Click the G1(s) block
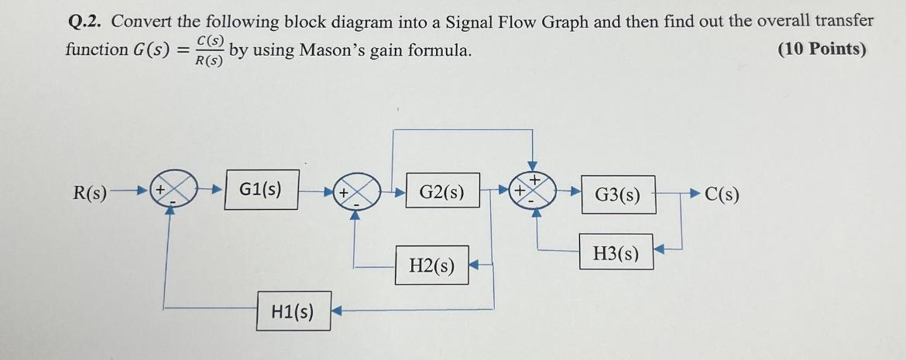[261, 190]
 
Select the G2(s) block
[441, 191]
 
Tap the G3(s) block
[617, 195]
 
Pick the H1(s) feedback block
[293, 311]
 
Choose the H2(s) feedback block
[432, 266]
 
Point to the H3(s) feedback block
[616, 252]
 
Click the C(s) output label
[722, 194]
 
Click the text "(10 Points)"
[822, 50]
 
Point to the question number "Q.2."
[83, 21]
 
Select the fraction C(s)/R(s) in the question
[210, 51]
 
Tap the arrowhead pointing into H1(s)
[337, 311]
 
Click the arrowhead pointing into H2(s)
[476, 265]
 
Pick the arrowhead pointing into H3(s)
[659, 249]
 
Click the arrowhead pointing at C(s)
[696, 193]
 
